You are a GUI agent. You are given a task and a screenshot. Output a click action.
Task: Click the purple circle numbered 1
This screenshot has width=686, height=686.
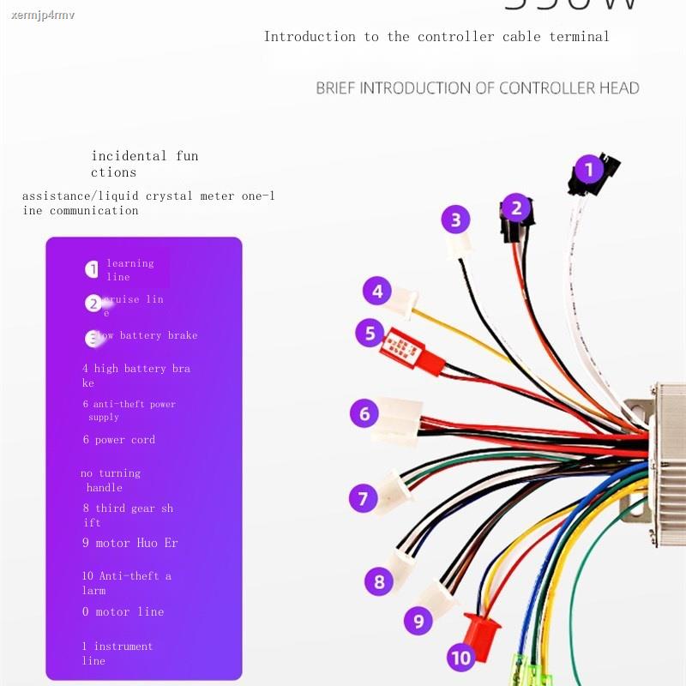pyautogui.click(x=588, y=169)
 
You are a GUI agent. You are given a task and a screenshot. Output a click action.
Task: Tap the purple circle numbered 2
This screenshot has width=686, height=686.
pyautogui.click(x=515, y=207)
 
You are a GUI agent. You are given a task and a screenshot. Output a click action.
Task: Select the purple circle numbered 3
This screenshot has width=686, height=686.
pyautogui.click(x=455, y=220)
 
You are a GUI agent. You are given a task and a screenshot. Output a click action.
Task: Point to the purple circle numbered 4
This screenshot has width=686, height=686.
pyautogui.click(x=377, y=291)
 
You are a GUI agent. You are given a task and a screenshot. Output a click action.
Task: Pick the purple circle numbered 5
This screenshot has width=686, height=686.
pyautogui.click(x=370, y=332)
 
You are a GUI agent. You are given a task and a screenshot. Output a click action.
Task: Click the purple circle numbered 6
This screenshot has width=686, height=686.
pyautogui.click(x=364, y=414)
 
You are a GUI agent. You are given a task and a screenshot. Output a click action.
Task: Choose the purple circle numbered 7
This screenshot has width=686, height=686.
pyautogui.click(x=363, y=498)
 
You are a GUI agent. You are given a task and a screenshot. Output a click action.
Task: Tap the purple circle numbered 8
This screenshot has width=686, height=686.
pyautogui.click(x=380, y=582)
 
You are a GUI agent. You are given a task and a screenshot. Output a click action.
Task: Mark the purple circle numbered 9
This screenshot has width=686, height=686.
pyautogui.click(x=418, y=620)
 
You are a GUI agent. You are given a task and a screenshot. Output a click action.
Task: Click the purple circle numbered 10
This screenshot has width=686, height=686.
pyautogui.click(x=461, y=658)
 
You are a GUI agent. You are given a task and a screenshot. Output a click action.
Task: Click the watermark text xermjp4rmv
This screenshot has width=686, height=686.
pyautogui.click(x=43, y=15)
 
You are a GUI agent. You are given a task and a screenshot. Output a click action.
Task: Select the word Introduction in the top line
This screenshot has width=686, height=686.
pyautogui.click(x=310, y=37)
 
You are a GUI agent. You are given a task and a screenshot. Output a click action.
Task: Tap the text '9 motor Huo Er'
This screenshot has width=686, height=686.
pyautogui.click(x=130, y=543)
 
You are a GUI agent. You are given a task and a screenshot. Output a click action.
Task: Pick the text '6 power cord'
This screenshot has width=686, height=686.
pyautogui.click(x=119, y=440)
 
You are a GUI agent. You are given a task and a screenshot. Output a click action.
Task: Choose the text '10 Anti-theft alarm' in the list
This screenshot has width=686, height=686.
pyautogui.click(x=127, y=583)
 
